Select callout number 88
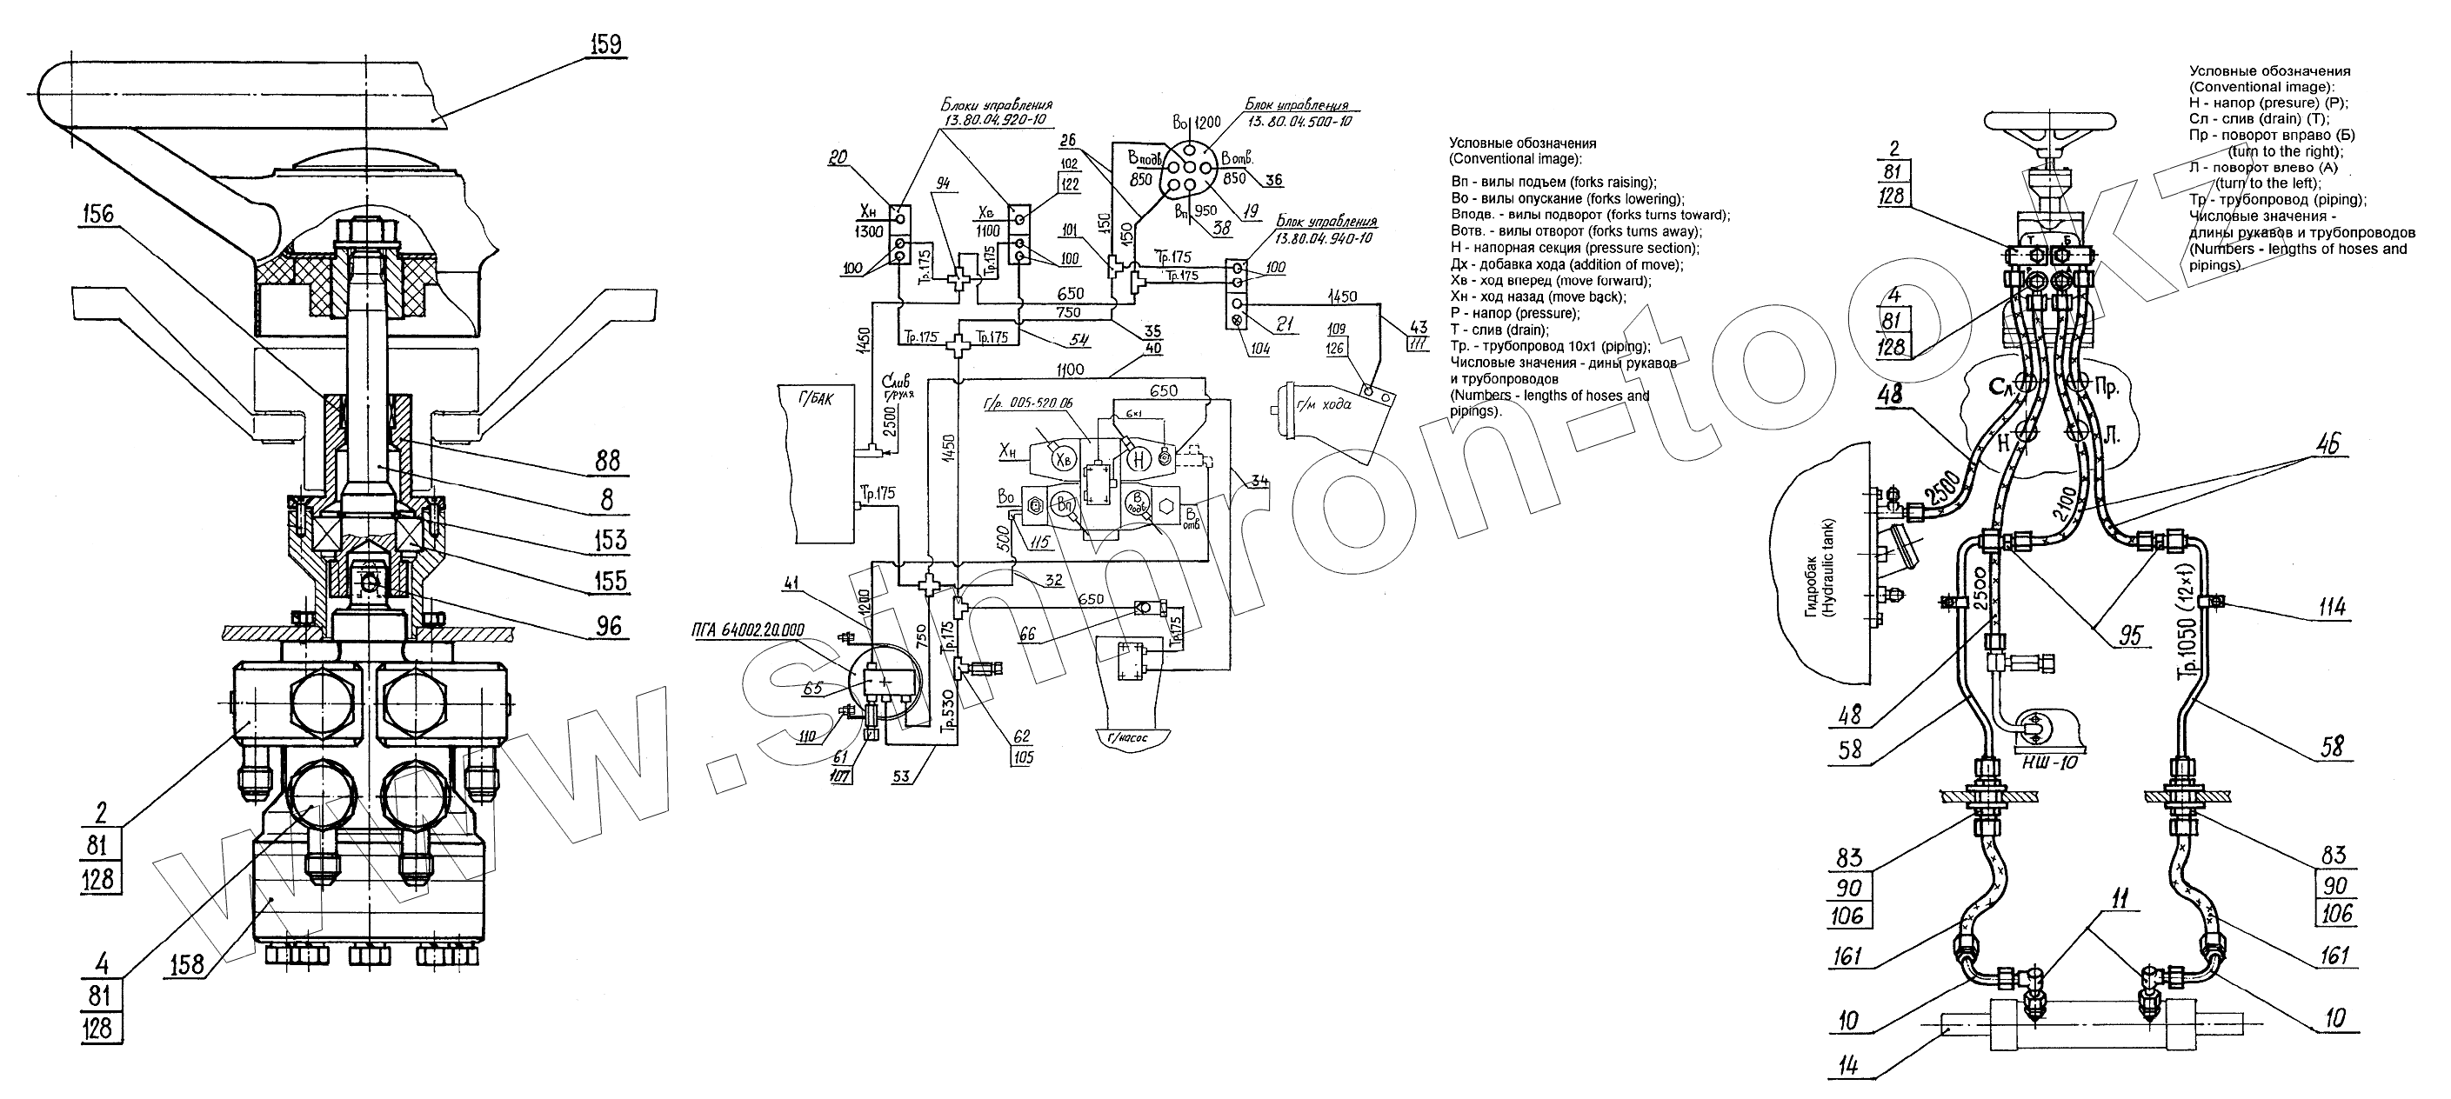607,462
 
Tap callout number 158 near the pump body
184,964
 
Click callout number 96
608,625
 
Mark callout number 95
2131,634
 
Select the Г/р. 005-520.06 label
1026,403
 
